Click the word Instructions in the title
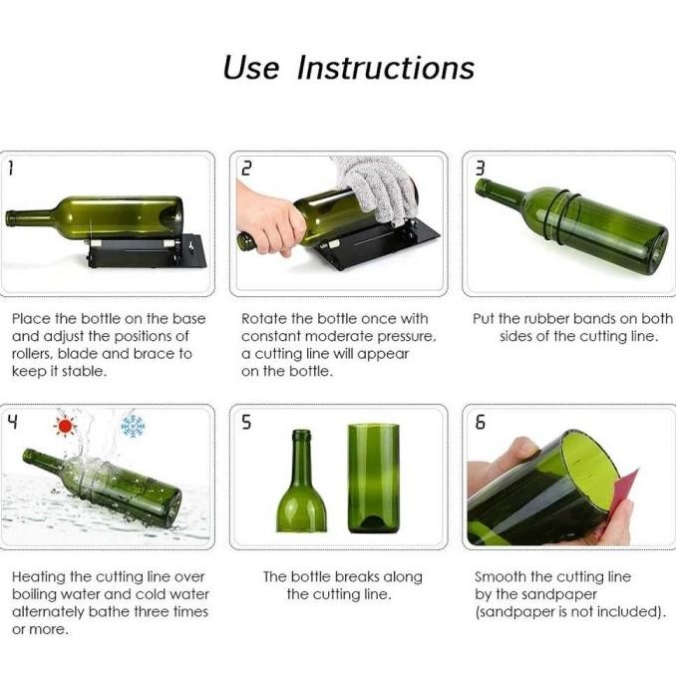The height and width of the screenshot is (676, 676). [386, 68]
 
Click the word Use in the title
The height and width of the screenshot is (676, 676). [250, 68]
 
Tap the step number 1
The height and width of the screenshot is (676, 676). [11, 169]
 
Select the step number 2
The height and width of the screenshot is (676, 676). [244, 169]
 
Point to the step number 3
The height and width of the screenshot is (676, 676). [480, 169]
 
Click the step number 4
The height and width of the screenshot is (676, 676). [12, 421]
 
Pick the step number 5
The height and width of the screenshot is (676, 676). [245, 422]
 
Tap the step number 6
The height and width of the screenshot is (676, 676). [480, 422]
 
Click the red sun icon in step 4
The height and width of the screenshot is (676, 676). [66, 427]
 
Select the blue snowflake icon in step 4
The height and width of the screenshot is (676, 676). [132, 426]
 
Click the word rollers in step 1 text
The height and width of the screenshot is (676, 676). [35, 354]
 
